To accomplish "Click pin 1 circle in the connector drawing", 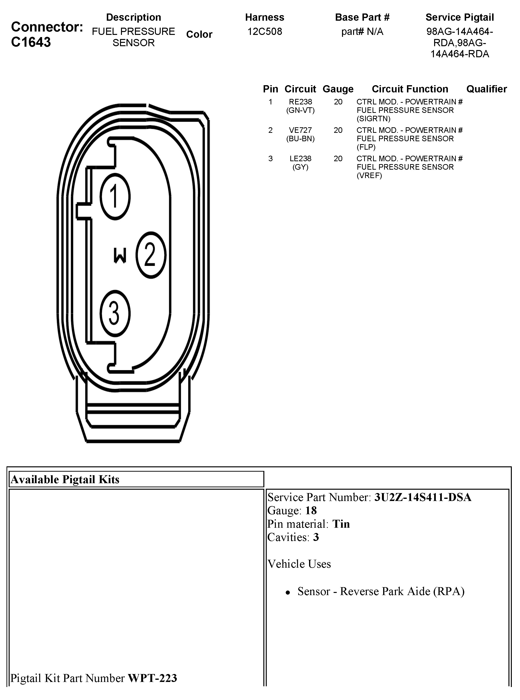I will (115, 197).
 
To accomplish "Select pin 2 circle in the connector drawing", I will (151, 255).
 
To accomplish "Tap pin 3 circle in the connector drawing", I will (115, 313).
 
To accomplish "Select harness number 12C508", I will (265, 32).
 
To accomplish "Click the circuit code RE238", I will (300, 102).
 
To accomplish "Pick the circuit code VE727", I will (300, 130).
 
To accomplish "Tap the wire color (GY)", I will (300, 167).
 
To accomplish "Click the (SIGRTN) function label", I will (373, 119).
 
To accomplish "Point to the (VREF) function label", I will (369, 175).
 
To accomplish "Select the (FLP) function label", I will (366, 147).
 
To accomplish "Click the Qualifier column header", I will (486, 89).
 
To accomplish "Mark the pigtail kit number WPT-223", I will (152, 678).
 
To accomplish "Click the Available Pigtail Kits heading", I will (65, 480).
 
